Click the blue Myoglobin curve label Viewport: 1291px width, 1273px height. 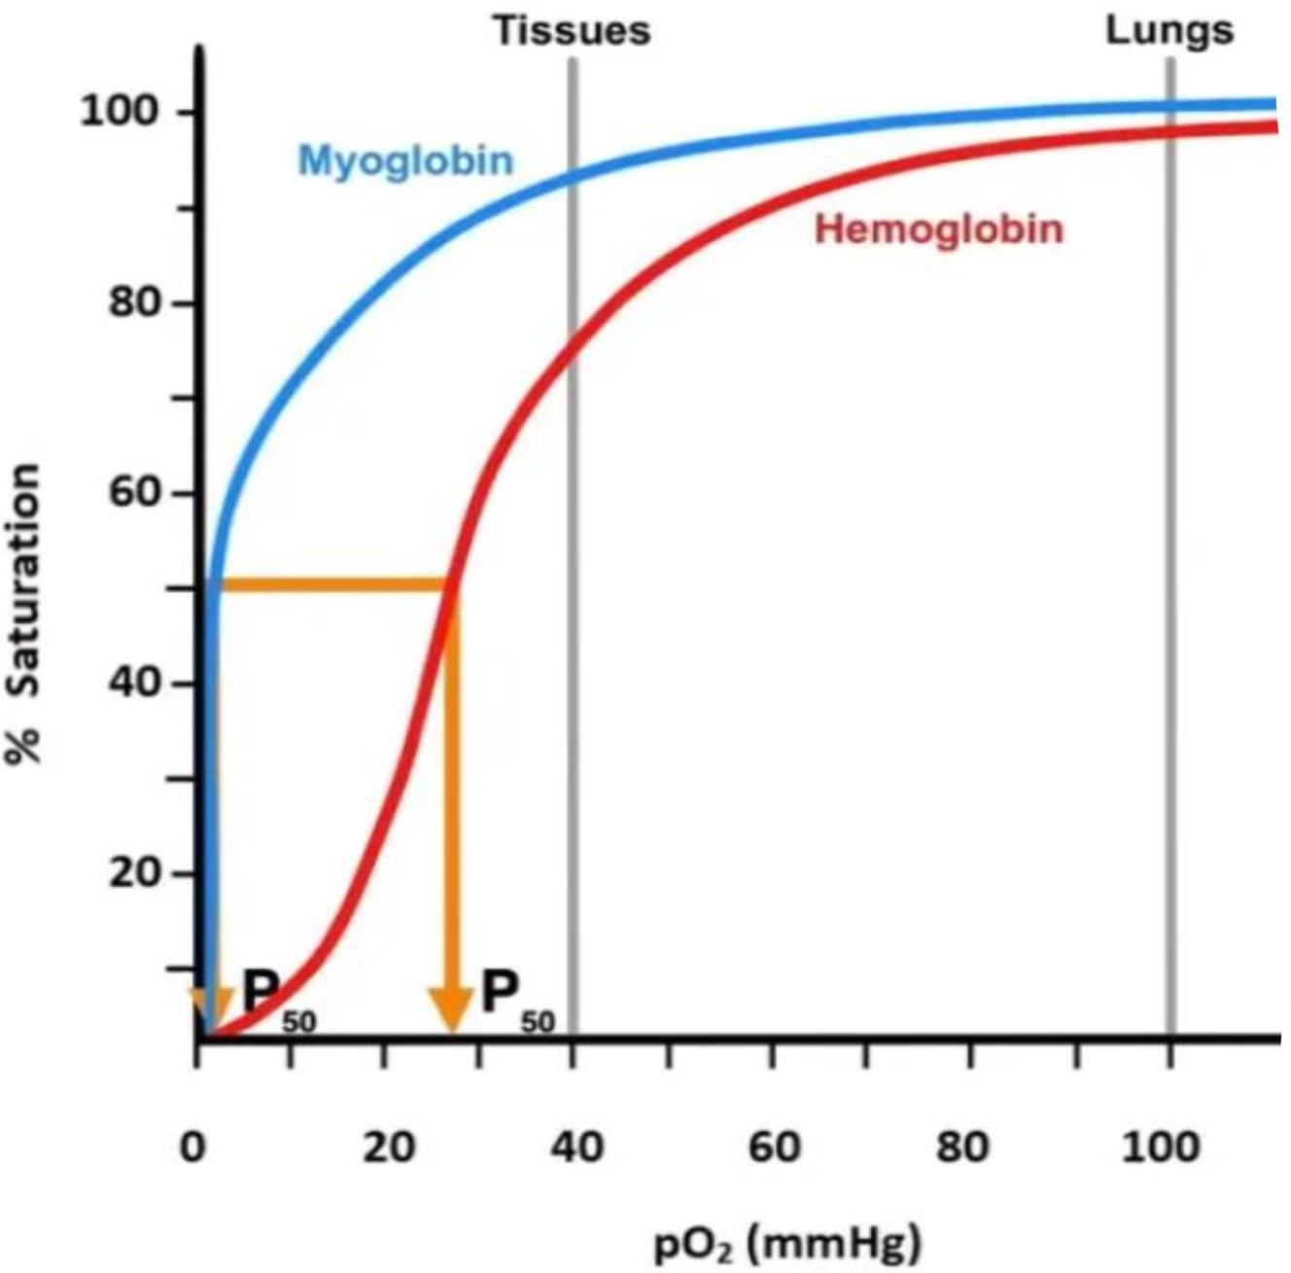coord(405,159)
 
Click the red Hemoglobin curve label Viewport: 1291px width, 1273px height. coord(938,230)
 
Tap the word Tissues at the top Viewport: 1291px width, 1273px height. coord(572,30)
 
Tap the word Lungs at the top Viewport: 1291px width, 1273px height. coord(1169,30)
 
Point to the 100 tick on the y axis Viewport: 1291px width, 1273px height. coord(118,112)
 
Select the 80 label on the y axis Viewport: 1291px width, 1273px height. coord(132,303)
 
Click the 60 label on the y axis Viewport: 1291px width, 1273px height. coord(132,493)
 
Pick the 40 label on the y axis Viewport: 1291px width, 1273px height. coord(132,683)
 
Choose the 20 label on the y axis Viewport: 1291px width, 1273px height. coord(132,872)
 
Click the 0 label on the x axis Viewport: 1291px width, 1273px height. coord(193,1148)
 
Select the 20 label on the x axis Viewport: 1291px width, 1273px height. coord(388,1148)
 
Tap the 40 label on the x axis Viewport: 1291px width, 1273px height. coord(576,1148)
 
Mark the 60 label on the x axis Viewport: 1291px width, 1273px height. coord(774,1148)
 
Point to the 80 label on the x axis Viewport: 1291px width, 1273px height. coord(962,1148)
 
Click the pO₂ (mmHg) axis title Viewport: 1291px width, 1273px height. coord(786,1242)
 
